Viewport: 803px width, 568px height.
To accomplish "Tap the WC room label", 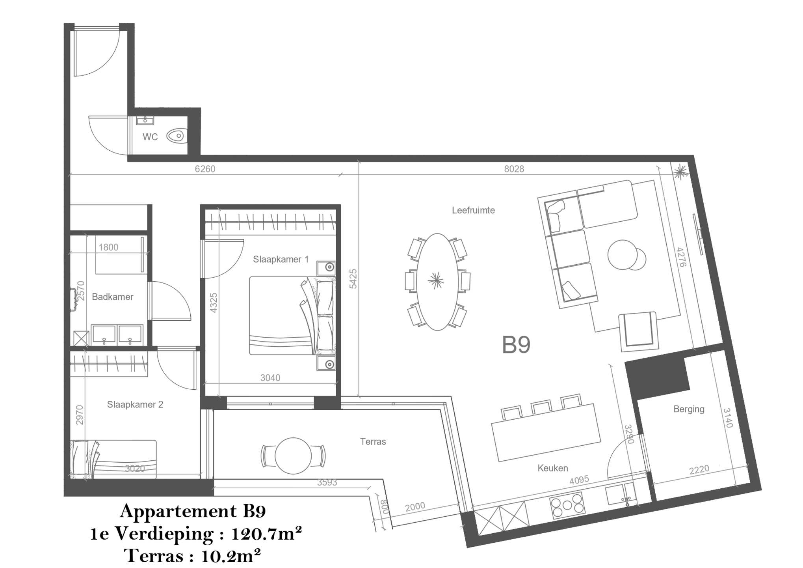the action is click(x=150, y=137).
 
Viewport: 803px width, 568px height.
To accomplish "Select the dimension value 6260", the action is click(x=205, y=169).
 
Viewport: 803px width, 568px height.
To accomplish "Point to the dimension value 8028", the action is click(x=514, y=169).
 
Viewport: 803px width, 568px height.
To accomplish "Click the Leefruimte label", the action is click(x=473, y=210).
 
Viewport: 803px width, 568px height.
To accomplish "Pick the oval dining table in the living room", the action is click(x=438, y=282).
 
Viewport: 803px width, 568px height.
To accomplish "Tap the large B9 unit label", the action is click(x=516, y=344).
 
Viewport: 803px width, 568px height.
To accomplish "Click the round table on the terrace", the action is click(x=293, y=456).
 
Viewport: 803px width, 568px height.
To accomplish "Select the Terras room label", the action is click(x=373, y=441).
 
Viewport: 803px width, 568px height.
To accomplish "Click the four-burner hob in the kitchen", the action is click(x=567, y=505).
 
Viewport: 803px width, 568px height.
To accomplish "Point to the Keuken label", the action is click(x=553, y=468).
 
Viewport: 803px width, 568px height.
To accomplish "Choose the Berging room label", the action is click(x=689, y=409).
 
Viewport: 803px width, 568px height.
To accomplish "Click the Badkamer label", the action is click(x=113, y=297).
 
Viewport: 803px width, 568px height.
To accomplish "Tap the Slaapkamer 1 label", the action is click(x=281, y=259).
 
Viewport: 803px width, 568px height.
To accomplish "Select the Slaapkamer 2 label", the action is click(x=135, y=404).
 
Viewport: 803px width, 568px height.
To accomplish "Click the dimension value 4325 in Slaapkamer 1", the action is click(x=214, y=303).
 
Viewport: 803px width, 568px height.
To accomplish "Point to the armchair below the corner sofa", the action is click(x=639, y=331).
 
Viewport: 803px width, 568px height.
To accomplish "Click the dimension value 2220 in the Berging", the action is click(x=699, y=470).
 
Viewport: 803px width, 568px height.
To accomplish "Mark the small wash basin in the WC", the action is click(x=145, y=120).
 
